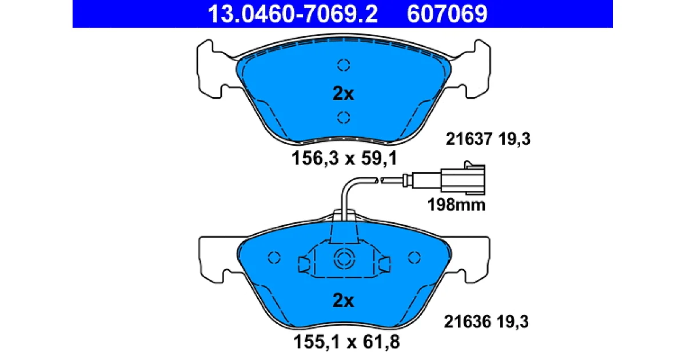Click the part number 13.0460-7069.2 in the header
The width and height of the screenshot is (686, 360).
click(x=293, y=14)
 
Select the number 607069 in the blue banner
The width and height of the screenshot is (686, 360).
click(x=447, y=14)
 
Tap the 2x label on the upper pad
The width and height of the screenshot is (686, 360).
click(x=343, y=94)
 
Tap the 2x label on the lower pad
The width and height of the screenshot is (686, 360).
click(x=343, y=301)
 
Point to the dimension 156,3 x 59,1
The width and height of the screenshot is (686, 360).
click(x=344, y=159)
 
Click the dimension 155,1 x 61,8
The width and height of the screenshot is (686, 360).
click(x=346, y=342)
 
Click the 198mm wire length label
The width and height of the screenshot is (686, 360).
click(x=456, y=205)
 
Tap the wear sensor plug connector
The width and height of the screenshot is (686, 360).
click(x=462, y=179)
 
